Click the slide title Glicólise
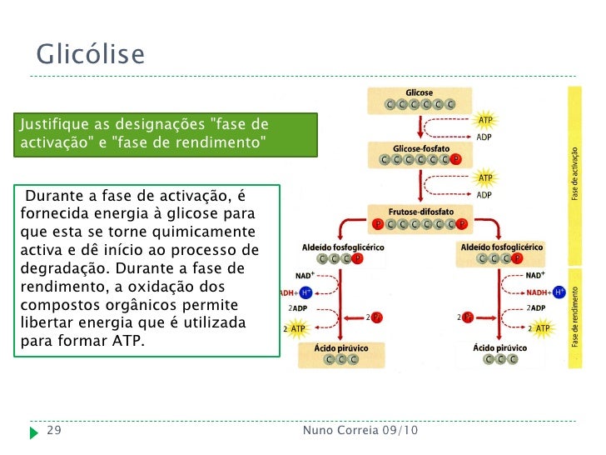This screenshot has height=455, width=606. (90, 55)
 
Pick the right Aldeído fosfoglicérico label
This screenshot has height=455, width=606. (501, 247)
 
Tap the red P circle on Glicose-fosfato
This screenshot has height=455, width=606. (455, 159)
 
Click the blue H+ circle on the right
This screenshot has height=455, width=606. (559, 292)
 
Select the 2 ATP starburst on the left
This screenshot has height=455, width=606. (296, 329)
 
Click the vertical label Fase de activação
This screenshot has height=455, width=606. (574, 174)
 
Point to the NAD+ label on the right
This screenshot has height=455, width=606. (536, 275)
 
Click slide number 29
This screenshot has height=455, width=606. (53, 431)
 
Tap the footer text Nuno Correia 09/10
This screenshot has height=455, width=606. (360, 431)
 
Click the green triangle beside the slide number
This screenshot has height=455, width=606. (33, 432)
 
